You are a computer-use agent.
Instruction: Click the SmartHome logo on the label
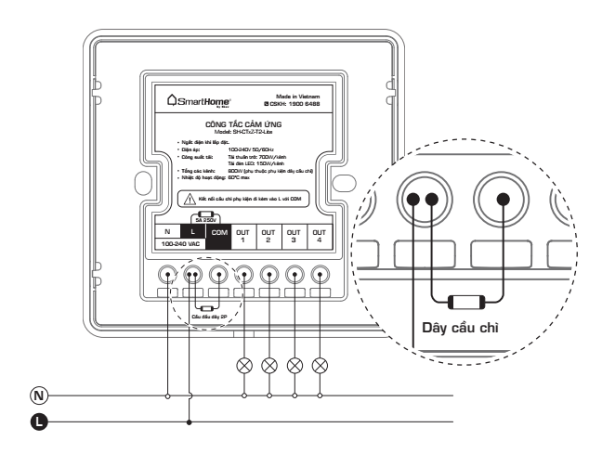coord(202,98)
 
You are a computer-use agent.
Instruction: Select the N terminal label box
coord(167,231)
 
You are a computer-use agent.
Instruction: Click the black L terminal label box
coord(192,231)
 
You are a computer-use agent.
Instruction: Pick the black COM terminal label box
coord(218,231)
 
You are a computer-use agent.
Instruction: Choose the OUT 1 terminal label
coord(244,231)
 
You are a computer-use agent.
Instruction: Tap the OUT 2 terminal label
coord(269,231)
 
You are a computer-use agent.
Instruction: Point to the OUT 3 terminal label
coord(295,231)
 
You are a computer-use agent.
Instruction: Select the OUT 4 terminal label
coord(321,231)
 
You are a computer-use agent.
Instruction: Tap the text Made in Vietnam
coord(299,96)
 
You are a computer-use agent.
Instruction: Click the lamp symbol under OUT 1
coord(244,363)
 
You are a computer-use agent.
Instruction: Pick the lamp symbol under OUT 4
coord(321,363)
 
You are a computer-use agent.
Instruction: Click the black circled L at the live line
coord(38,422)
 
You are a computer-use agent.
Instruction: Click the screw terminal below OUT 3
coord(295,275)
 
